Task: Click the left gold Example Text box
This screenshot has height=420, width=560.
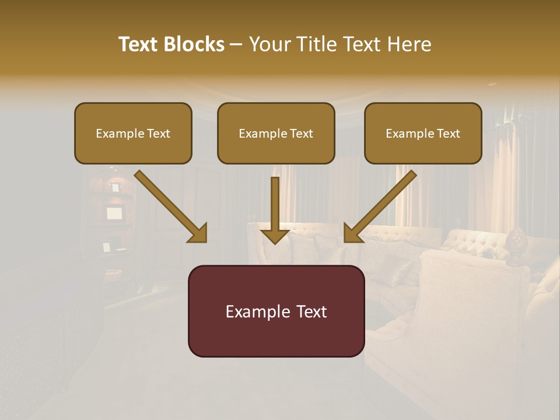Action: pyautogui.click(x=133, y=133)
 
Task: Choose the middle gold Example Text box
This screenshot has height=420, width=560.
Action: pyautogui.click(x=276, y=133)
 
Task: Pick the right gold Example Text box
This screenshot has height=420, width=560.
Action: pyautogui.click(x=423, y=133)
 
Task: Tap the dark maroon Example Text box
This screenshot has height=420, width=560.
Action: pyautogui.click(x=276, y=311)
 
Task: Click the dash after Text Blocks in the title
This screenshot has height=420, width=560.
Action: pyautogui.click(x=236, y=45)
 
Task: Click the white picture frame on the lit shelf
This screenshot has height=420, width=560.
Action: pyautogui.click(x=114, y=213)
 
